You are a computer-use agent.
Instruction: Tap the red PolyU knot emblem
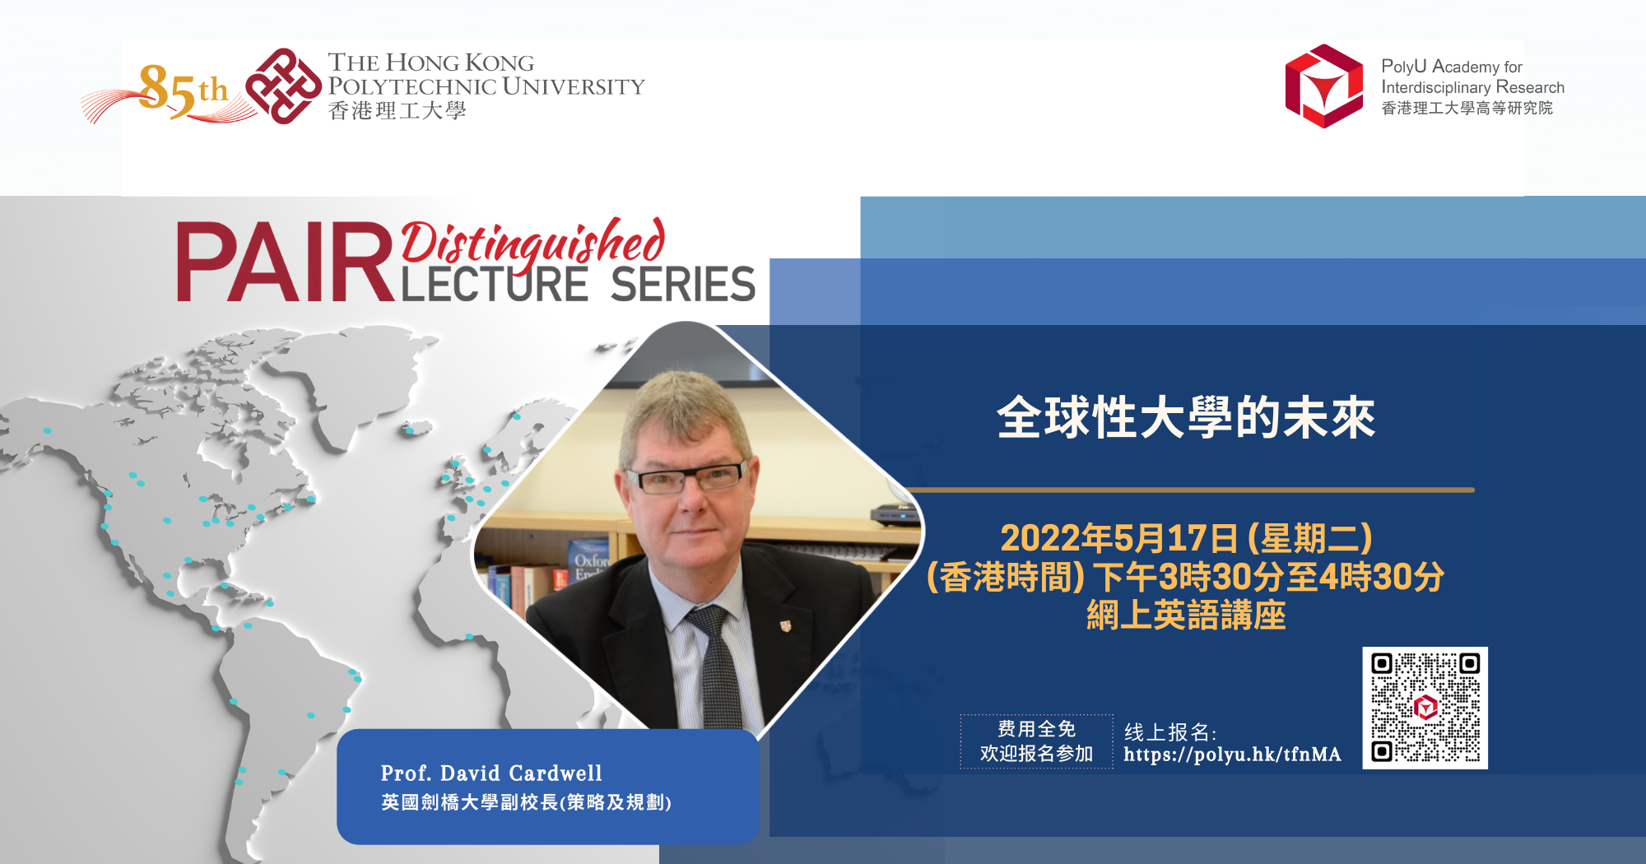point(283,86)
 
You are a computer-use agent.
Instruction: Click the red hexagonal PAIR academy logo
point(1323,86)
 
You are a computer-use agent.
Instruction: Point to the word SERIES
point(682,285)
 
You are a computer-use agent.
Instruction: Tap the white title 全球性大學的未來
point(1185,417)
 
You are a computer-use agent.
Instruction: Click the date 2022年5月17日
point(1119,539)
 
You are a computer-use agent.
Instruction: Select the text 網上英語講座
point(1185,615)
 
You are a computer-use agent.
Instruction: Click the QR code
point(1425,708)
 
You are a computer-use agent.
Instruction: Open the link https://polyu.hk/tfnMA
point(1232,755)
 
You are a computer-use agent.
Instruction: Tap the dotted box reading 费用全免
point(1036,741)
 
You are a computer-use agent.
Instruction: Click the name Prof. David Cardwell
point(491,773)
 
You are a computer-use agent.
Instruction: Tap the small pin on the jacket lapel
point(785,626)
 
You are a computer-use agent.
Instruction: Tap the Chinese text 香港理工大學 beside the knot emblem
point(397,111)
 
